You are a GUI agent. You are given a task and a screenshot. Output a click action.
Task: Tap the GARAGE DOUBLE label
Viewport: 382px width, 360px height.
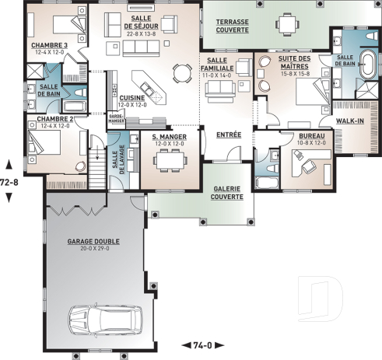coord(93,243)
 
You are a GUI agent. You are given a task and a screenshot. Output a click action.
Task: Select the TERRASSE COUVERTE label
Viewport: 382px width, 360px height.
coord(233,26)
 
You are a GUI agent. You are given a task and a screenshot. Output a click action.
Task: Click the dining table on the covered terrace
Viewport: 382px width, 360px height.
coord(291,26)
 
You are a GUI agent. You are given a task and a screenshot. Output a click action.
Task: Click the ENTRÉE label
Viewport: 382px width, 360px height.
coord(228,135)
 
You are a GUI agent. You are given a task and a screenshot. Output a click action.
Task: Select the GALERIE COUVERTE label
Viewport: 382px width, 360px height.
coord(226,192)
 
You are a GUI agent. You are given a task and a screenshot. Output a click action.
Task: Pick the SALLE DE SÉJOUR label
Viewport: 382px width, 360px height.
coord(141,28)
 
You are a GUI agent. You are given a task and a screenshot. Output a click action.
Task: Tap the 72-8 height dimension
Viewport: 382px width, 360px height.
coord(9,180)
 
